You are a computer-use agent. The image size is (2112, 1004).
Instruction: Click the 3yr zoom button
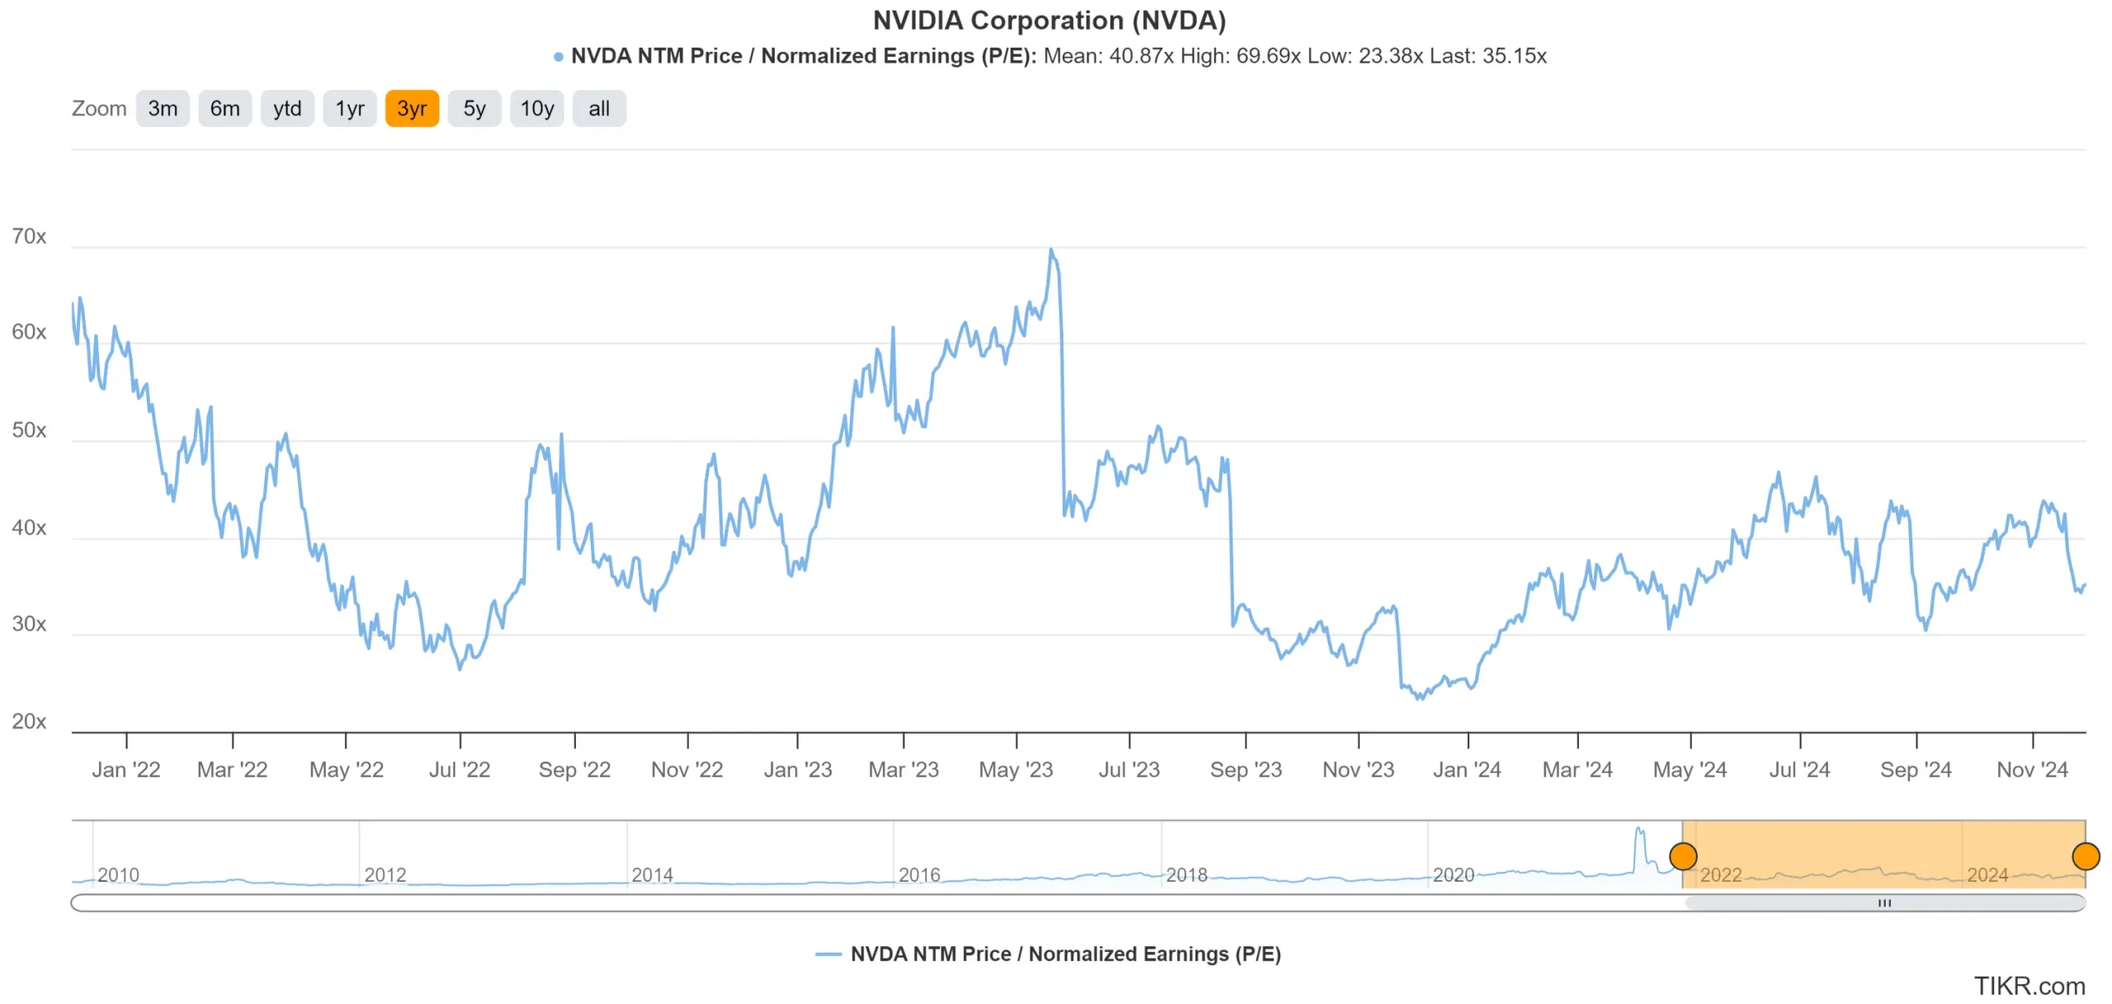pos(412,109)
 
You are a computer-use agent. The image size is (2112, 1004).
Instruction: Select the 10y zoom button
pos(536,109)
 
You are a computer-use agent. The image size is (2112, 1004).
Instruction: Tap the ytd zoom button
pos(287,109)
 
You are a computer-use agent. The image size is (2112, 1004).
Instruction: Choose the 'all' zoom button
pos(599,109)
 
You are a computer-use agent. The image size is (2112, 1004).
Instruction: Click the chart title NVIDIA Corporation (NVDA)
pos(1049,21)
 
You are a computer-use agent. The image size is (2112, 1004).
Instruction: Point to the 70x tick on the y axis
pos(29,237)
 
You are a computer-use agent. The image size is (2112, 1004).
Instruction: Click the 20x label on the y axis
pos(29,722)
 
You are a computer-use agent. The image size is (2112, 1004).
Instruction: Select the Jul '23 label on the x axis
pos(1129,770)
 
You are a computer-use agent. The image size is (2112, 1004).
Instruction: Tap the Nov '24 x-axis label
pos(2032,770)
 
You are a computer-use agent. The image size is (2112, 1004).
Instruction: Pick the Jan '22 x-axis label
pos(126,770)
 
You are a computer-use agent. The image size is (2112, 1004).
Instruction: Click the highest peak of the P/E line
pos(1050,249)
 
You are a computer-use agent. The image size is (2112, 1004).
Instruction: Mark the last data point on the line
pos(2085,586)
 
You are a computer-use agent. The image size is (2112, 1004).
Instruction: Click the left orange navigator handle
pos(1683,856)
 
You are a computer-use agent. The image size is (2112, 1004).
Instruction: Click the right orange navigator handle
pos(2086,856)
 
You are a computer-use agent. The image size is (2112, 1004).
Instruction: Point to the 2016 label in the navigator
pos(919,874)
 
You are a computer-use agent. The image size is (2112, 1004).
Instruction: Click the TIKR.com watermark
pos(2029,986)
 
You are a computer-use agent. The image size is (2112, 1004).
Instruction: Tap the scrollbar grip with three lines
pos(1884,903)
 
